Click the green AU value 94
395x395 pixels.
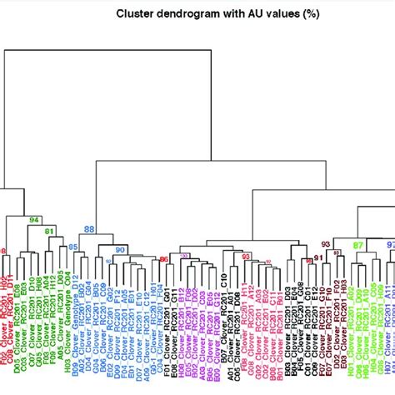point(34,220)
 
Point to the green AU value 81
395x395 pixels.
point(49,231)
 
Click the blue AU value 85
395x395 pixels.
point(72,247)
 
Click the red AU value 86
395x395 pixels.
point(163,259)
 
